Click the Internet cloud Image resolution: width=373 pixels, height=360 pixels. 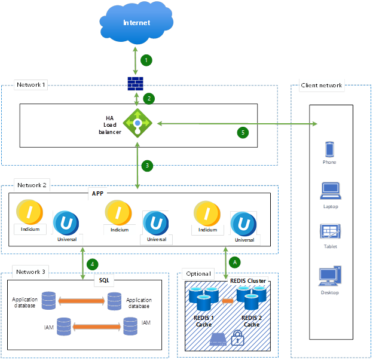pos(137,23)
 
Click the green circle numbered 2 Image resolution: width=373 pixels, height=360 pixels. pos(149,97)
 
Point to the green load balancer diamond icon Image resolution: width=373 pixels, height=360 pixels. pos(137,123)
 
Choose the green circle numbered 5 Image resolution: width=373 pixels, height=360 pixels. pos(242,132)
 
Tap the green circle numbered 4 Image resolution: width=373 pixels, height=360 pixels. pos(92,263)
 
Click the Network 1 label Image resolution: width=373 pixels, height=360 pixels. pos(31,85)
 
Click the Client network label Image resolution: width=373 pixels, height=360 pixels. pos(322,85)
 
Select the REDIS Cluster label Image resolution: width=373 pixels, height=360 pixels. pos(248,280)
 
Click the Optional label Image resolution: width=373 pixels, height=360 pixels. pos(198,273)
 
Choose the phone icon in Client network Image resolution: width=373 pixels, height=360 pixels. pos(329,149)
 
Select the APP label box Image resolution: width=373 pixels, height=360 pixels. pos(97,194)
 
